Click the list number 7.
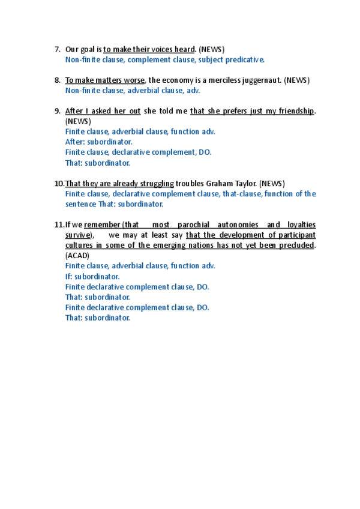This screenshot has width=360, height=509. pos(57,49)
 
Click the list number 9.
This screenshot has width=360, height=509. pos(57,111)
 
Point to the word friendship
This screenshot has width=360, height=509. pos(295,111)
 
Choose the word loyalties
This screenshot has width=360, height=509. pos(299,224)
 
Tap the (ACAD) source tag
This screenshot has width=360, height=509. pos(77,256)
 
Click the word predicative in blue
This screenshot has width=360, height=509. pos(245,60)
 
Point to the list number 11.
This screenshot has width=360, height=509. pos(59,224)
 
